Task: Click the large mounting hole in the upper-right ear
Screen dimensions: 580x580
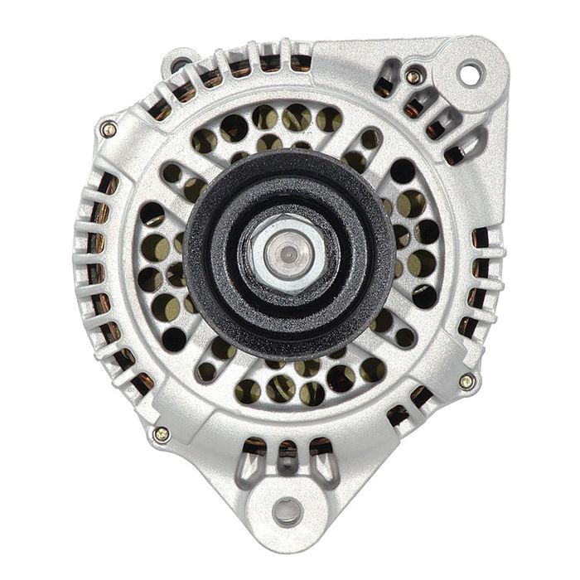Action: [x=469, y=74]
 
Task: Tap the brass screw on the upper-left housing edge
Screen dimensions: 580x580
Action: [x=108, y=128]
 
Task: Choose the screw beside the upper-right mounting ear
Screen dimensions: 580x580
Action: [x=413, y=76]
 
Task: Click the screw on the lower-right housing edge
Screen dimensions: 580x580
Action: [x=466, y=381]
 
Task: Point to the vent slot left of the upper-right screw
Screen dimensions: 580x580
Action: [x=384, y=85]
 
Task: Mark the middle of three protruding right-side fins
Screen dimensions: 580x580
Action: [x=481, y=269]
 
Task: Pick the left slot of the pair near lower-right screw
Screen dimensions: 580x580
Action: [x=400, y=416]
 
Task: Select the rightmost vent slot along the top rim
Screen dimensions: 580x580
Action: [x=301, y=61]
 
